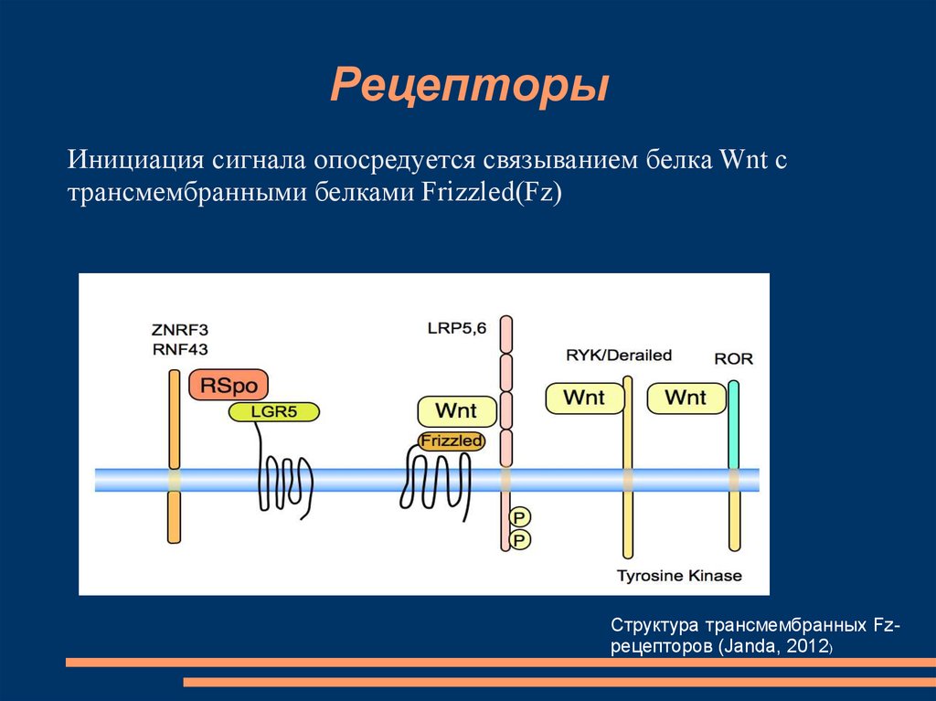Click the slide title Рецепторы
coord(470,86)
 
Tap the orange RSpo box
coord(229,385)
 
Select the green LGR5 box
coord(274,411)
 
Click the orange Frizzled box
coord(452,441)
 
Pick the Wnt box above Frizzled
coord(457,410)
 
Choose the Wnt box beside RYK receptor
coord(585,398)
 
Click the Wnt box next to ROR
coord(686,398)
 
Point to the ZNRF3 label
coord(180,330)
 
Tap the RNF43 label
coord(180,349)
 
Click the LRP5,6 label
coord(457,328)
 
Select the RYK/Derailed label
coord(619,356)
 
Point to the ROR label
coord(734,359)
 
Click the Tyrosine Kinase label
coord(679,576)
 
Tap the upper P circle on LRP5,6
coord(520,517)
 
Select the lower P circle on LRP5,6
coord(520,540)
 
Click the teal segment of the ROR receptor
coord(734,425)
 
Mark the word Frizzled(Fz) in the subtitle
coord(492,193)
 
